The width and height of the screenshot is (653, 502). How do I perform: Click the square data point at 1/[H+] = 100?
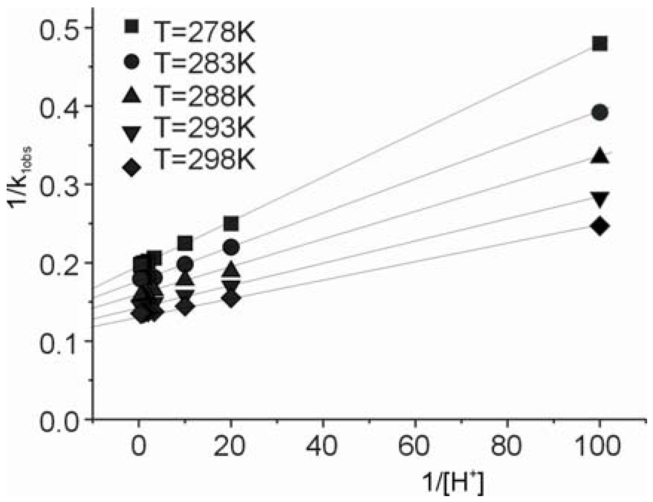point(600,44)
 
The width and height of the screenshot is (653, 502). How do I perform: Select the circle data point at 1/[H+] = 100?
point(600,112)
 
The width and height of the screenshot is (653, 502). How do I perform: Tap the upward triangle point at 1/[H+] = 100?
point(600,156)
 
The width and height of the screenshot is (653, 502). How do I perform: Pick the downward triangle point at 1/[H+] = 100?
point(600,199)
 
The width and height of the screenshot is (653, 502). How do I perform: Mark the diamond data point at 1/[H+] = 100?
point(600,226)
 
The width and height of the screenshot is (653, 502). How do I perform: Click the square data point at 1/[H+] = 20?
point(231,224)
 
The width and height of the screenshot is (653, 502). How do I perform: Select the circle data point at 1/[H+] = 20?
point(231,247)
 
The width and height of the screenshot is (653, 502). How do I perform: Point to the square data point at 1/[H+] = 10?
point(185,243)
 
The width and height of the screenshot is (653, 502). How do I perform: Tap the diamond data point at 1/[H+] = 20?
point(231,299)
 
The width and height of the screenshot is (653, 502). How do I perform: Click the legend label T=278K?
point(205,32)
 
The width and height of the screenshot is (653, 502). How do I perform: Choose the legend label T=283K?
point(205,63)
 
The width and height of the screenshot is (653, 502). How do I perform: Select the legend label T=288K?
point(205,96)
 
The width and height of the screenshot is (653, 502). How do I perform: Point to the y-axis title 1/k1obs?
point(20,178)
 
